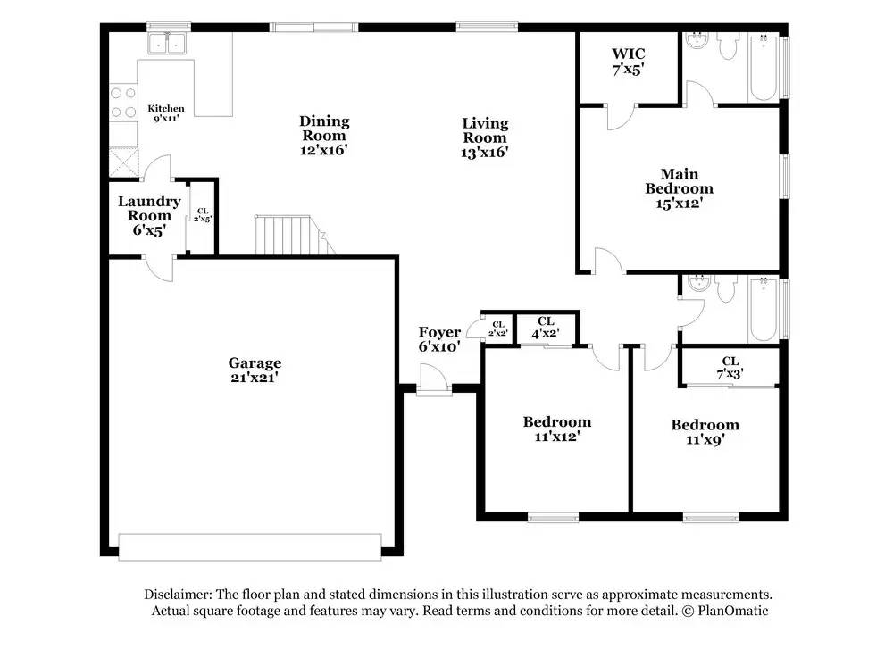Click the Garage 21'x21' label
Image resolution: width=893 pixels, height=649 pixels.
coord(255,370)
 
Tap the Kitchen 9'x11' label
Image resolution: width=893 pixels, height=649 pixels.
coord(166,113)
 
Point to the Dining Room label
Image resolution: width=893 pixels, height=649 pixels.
coord(324,135)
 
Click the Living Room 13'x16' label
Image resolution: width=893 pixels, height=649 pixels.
coord(485,137)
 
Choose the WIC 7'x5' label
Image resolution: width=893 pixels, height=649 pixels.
coord(629,61)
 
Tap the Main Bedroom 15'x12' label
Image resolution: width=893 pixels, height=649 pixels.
coord(679,188)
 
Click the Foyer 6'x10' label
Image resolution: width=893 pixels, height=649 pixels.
coord(439,339)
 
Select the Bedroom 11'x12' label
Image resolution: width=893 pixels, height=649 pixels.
coord(556,429)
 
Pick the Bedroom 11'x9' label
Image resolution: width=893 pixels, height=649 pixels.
coord(705,431)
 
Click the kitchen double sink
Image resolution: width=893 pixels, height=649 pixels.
coord(167,43)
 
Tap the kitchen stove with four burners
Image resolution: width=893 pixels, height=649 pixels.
coord(123,102)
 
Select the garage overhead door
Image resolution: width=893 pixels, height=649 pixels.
coord(250,546)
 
